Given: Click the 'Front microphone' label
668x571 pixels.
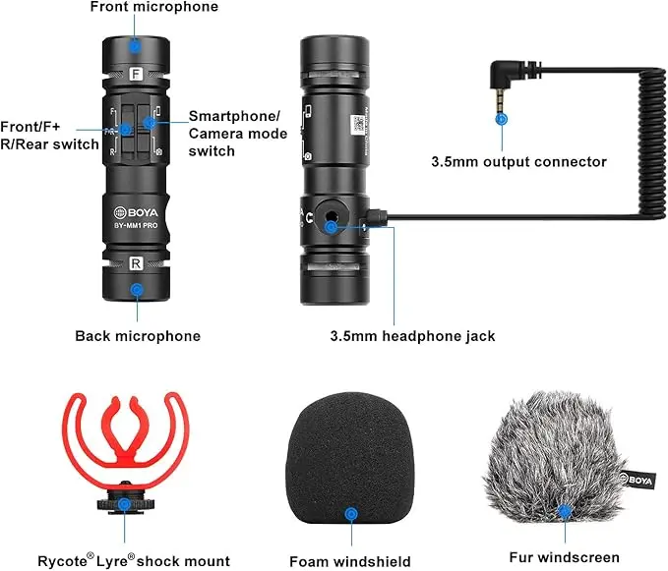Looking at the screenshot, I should click(x=153, y=8).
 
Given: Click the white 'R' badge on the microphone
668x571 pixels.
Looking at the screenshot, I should click(x=136, y=262).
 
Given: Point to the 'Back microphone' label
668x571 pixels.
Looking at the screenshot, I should click(x=138, y=336).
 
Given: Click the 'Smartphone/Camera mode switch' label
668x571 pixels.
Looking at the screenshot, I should click(x=237, y=133).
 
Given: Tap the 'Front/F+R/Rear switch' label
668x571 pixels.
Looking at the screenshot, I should click(x=50, y=136).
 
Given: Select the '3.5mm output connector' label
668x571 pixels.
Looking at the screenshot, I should click(x=519, y=161).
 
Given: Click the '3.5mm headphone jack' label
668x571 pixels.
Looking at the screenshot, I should click(x=412, y=336).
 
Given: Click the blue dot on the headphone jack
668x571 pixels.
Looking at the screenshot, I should click(x=332, y=226).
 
